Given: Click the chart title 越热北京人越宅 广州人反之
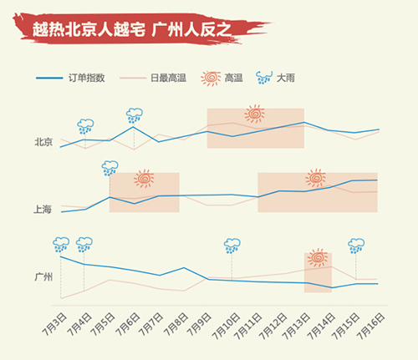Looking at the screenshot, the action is pyautogui.click(x=131, y=29).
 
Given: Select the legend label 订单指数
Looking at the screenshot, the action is pyautogui.click(x=87, y=78).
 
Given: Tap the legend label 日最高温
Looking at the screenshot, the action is pyautogui.click(x=168, y=78).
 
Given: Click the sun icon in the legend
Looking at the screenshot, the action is pyautogui.click(x=211, y=79).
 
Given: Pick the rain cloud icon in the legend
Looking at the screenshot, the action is pyautogui.click(x=263, y=78).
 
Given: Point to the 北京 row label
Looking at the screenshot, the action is pyautogui.click(x=43, y=142).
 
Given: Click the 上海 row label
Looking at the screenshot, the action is pyautogui.click(x=43, y=210).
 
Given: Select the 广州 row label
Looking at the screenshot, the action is pyautogui.click(x=43, y=277).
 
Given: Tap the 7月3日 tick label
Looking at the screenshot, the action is pyautogui.click(x=54, y=325).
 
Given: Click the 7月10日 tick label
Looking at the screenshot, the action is pyautogui.click(x=226, y=326).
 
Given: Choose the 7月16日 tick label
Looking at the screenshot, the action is pyautogui.click(x=371, y=326).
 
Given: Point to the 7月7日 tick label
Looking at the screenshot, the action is pyautogui.click(x=151, y=325).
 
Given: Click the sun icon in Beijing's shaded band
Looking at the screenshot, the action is pyautogui.click(x=254, y=114).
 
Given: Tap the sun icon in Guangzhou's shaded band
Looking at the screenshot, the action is pyautogui.click(x=318, y=257).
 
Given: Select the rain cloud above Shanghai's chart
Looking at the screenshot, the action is pyautogui.click(x=110, y=168).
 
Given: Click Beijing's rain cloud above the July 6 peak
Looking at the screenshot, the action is pyautogui.click(x=135, y=116).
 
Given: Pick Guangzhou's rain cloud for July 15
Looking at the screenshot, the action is pyautogui.click(x=356, y=246).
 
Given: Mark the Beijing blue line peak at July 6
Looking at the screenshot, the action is pyautogui.click(x=134, y=127).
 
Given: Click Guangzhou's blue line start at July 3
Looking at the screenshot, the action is pyautogui.click(x=61, y=256).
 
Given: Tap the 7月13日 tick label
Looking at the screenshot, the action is pyautogui.click(x=296, y=326).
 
